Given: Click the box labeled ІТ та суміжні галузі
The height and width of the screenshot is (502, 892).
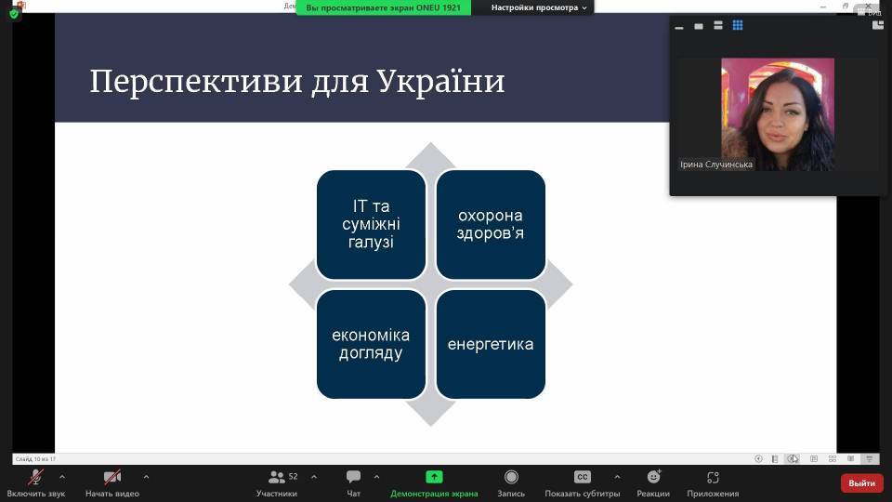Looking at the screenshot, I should tap(371, 224).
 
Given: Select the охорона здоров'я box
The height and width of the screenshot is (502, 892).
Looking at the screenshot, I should tap(491, 224).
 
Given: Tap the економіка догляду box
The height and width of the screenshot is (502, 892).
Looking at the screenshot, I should tap(371, 344).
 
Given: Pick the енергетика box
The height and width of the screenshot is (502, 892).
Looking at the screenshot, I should tap(491, 344).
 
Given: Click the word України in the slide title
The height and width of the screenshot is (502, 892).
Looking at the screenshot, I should tap(441, 82).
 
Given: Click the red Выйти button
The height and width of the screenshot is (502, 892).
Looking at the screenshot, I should tap(861, 482).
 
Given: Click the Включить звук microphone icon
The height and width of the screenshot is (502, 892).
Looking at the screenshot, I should tap(36, 477).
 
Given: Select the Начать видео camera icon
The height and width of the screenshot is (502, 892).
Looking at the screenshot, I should tap(112, 477).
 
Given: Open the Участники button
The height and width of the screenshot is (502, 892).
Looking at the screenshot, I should tap(277, 477).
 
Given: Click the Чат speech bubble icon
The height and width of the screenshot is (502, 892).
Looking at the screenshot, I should tap(353, 477).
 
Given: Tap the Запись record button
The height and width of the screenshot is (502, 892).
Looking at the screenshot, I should tap(511, 477).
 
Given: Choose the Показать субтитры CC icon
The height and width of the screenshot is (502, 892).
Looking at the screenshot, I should tap(582, 477).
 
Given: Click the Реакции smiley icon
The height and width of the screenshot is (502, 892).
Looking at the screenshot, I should tap(653, 477).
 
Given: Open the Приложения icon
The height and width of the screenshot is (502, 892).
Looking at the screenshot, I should tap(713, 477).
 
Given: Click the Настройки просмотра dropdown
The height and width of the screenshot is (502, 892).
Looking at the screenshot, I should tap(539, 7).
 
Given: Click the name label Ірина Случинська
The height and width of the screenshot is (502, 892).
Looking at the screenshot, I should tap(716, 165).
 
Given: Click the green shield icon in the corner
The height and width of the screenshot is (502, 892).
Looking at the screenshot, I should tap(14, 14).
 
